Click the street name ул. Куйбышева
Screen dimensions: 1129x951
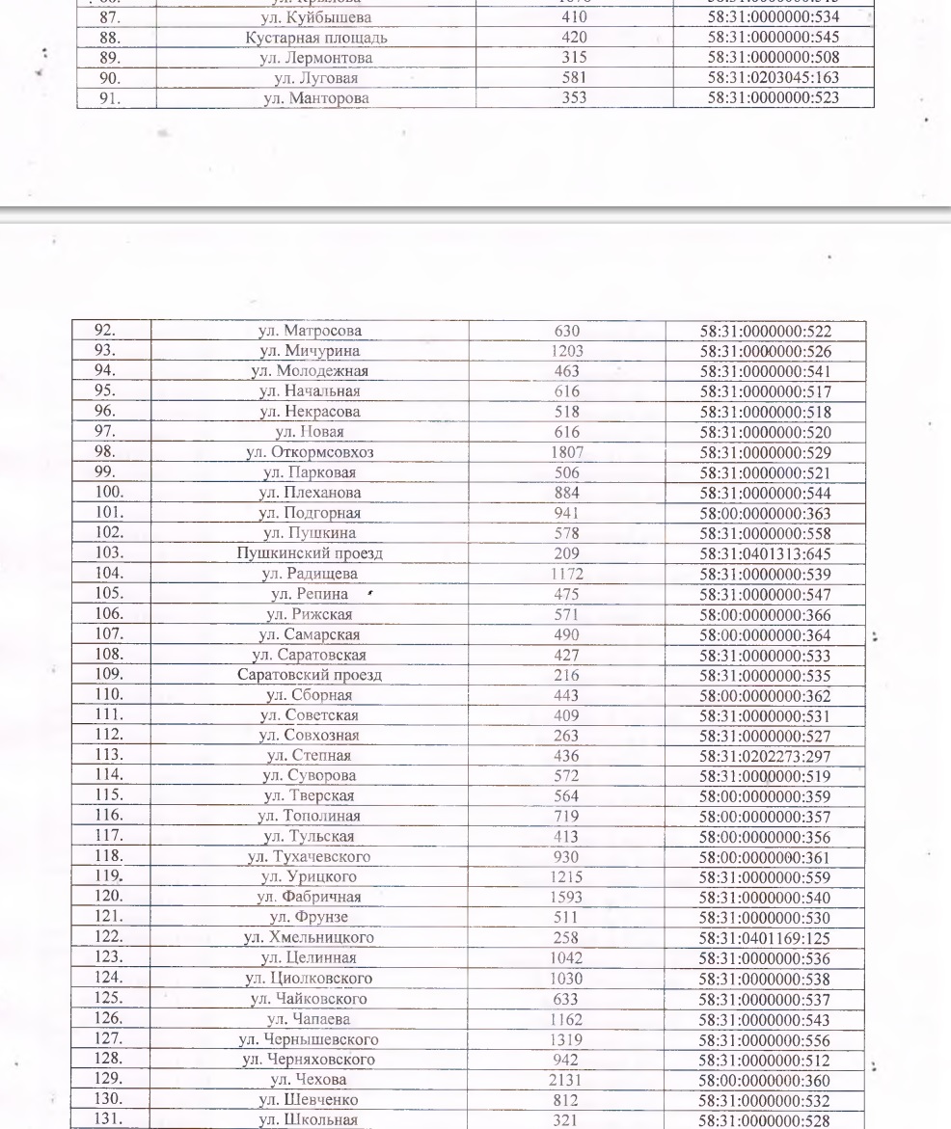316,17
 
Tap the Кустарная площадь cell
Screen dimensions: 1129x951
316,38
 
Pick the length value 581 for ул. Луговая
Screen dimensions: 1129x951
574,78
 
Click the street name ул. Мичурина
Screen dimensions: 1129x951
310,351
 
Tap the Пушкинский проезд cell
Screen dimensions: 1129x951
310,553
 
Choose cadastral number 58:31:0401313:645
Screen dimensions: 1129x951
766,553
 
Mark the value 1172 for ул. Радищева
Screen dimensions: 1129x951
566,574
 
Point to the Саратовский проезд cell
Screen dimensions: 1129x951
310,675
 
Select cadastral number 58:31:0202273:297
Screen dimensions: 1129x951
766,756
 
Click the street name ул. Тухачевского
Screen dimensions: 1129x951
310,857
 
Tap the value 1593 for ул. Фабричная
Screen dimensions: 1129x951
566,898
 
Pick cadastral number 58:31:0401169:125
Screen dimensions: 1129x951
766,938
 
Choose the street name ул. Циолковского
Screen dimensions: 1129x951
310,979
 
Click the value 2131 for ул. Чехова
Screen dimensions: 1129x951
566,1080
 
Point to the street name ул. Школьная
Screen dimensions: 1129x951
310,1120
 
